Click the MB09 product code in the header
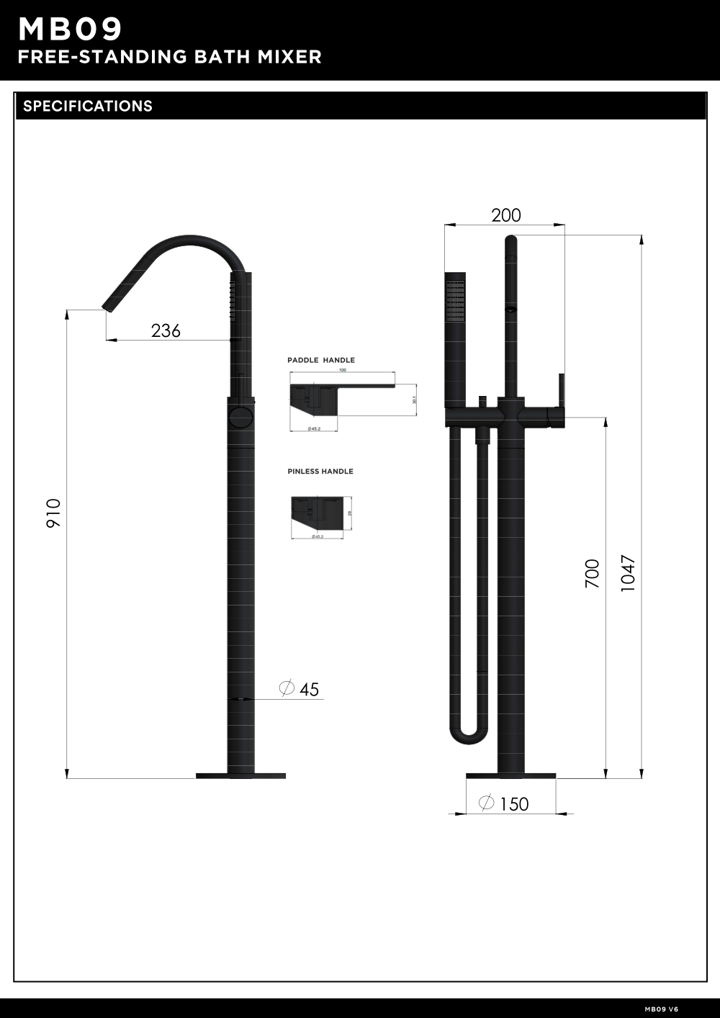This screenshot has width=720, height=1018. (x=70, y=30)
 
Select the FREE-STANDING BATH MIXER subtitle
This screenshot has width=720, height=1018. (x=169, y=57)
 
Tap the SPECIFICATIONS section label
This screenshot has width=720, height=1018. (x=88, y=106)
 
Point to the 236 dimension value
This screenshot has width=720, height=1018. (x=166, y=330)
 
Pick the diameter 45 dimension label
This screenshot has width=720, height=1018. (x=300, y=689)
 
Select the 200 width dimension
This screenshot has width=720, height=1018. (x=505, y=215)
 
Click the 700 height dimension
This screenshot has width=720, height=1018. (x=592, y=574)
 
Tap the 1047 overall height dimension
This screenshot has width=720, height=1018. (x=628, y=574)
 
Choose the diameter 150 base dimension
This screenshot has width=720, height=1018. (x=504, y=803)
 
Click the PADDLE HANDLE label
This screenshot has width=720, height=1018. (x=321, y=360)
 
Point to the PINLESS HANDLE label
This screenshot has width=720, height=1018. (x=320, y=472)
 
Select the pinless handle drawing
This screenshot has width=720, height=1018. (x=317, y=512)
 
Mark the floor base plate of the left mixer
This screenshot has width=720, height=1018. (x=240, y=775)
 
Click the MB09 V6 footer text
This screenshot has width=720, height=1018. (x=661, y=1009)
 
